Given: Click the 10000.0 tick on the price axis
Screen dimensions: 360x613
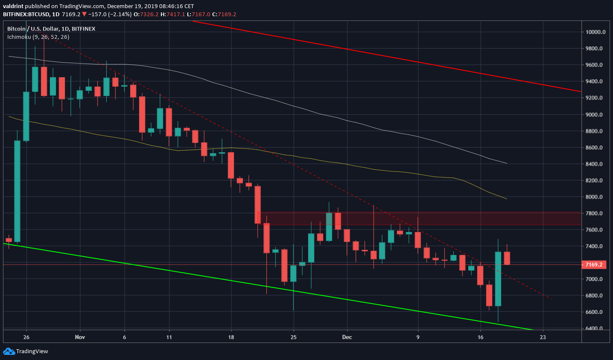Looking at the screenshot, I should [595, 32].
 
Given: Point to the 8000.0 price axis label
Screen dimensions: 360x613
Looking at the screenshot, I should [594, 197].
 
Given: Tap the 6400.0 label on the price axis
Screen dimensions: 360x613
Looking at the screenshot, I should [594, 328].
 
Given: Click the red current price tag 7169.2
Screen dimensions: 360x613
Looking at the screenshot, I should [594, 264].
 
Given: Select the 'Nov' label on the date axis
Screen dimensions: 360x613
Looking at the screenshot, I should [80, 337].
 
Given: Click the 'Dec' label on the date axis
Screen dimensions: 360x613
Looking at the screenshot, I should [347, 337].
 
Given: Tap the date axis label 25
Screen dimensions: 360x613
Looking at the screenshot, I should [293, 337].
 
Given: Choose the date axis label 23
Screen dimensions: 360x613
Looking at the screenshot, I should [543, 337].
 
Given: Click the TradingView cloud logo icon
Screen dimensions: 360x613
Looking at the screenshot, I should [9, 351].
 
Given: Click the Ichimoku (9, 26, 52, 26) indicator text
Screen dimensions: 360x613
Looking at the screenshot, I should [38, 37].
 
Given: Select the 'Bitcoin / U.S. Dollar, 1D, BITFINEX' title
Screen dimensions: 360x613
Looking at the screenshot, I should [51, 29].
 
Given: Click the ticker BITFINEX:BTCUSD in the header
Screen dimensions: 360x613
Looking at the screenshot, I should [26, 14].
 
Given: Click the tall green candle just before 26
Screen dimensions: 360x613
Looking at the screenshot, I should [18, 191].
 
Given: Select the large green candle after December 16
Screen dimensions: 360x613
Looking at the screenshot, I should [498, 279].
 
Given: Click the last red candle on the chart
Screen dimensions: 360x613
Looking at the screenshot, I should [507, 258].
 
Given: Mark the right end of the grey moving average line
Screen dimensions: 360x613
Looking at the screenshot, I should [506, 163].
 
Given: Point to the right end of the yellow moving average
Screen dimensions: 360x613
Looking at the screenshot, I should [506, 199].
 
